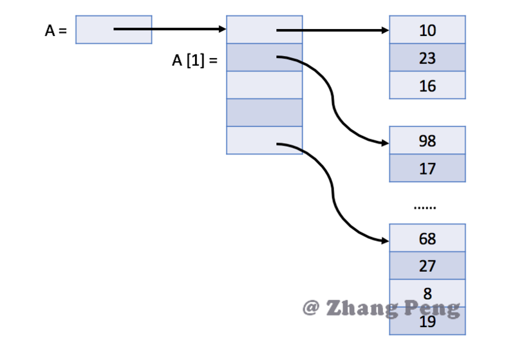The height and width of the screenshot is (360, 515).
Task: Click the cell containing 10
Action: click(x=427, y=30)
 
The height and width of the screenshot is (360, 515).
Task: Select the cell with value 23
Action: click(x=427, y=58)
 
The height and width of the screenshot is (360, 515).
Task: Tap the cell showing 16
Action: click(x=427, y=86)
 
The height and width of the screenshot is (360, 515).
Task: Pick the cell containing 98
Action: click(x=427, y=141)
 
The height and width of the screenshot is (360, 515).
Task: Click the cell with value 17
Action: click(x=427, y=169)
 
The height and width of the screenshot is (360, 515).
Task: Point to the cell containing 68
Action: click(x=427, y=239)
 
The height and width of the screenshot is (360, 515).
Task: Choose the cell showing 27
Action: click(x=427, y=266)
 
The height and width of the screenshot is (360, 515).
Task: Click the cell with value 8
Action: click(x=427, y=291)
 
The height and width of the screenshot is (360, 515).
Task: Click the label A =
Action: click(x=55, y=30)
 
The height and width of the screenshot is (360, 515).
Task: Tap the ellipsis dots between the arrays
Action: click(x=425, y=207)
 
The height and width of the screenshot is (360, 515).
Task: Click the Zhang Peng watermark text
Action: click(x=382, y=308)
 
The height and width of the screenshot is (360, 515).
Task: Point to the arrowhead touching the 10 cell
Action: click(x=385, y=30)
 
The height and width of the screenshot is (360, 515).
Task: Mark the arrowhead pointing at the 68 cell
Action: click(x=385, y=241)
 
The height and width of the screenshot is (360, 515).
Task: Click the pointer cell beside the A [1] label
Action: click(x=264, y=58)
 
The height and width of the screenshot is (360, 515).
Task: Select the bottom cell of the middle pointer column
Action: click(x=264, y=140)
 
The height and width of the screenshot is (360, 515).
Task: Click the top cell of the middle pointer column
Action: click(x=264, y=30)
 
